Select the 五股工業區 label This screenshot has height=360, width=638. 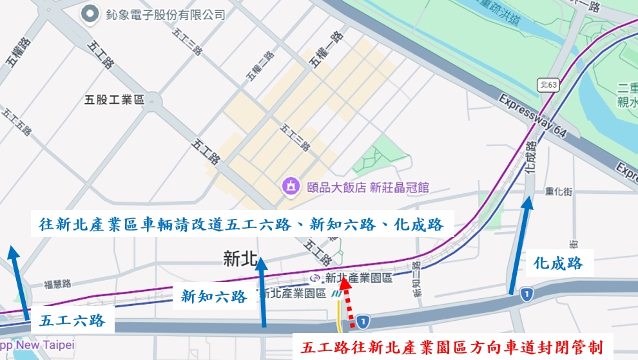tap(114, 100)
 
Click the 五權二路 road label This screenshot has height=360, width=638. tap(260, 66)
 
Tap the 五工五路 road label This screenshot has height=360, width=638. tap(17, 122)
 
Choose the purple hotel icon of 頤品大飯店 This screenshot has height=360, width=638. tap(291, 187)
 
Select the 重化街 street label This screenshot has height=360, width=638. tap(558, 191)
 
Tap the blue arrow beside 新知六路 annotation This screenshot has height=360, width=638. tap(262, 290)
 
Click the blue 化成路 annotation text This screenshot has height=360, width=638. tap(559, 262)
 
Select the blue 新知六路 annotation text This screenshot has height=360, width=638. tap(214, 296)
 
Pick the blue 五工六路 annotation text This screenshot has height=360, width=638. tap(72, 320)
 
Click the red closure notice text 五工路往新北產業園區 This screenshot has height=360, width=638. tap(451, 348)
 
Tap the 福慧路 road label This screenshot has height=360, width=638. tap(57, 283)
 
